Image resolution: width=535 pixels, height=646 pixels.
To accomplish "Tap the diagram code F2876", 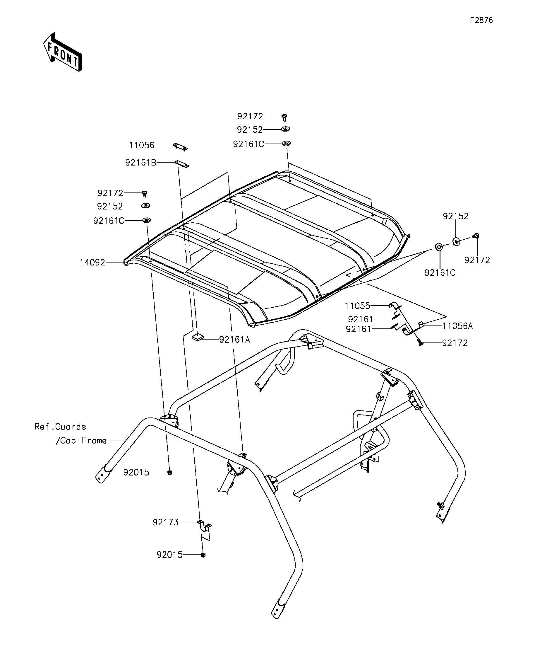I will tap(481, 20).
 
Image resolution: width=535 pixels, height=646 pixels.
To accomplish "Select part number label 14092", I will tap(92, 263).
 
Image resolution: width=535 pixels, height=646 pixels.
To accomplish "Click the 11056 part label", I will tap(141, 145).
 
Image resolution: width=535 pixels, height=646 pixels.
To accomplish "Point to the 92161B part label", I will tap(141, 162).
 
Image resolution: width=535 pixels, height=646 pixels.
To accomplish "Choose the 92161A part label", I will tap(234, 340).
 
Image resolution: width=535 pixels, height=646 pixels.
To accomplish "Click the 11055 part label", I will tap(357, 306).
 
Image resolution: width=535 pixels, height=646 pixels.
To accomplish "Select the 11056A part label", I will tap(457, 326).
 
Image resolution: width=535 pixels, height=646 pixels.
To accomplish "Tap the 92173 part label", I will tap(166, 522).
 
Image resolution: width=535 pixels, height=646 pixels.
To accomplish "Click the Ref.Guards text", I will tap(60, 427).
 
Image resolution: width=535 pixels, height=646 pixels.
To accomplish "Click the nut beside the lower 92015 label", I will tap(203, 555).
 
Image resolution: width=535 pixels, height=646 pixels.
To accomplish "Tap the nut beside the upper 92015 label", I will tap(169, 473).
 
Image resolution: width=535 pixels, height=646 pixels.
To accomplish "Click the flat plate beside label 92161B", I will tap(182, 164).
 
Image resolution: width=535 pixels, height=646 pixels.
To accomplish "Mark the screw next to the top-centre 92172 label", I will tap(284, 117).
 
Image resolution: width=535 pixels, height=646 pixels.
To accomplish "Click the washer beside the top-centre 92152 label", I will tap(285, 129).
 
